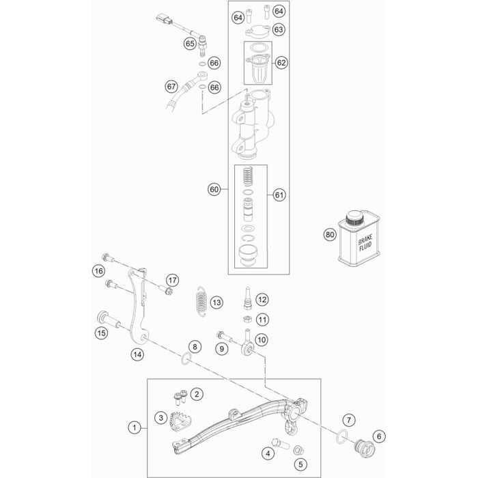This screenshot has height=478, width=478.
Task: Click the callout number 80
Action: (x=330, y=235)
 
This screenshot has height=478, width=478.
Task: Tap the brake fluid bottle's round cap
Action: (x=354, y=218)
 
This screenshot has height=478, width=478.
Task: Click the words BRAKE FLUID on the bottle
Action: (x=365, y=242)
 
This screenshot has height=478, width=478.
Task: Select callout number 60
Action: (x=214, y=189)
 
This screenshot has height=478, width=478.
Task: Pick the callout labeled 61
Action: (x=279, y=195)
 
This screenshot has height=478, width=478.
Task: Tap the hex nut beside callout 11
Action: (x=247, y=319)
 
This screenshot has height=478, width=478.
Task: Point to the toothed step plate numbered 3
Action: (x=178, y=421)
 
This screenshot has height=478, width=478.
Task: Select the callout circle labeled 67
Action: (x=171, y=87)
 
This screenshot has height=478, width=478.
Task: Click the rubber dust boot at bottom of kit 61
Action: (x=248, y=253)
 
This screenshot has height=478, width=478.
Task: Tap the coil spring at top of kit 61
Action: (x=248, y=176)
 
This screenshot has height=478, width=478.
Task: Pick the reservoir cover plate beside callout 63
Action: (x=258, y=30)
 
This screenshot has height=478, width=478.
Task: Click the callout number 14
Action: (x=137, y=354)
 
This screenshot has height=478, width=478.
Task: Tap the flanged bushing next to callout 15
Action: (x=109, y=319)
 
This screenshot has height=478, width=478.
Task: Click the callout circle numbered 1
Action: (x=135, y=427)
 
